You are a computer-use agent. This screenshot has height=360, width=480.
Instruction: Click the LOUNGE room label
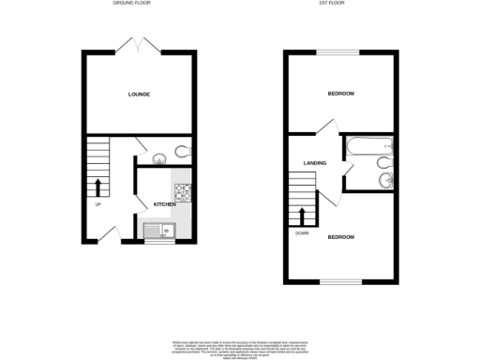140,95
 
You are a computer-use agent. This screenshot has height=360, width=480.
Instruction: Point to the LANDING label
314,164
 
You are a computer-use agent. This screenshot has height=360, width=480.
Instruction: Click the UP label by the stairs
97,203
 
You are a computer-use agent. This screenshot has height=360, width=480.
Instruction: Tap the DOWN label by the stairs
301,232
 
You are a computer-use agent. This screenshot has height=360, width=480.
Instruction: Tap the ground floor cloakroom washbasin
157,157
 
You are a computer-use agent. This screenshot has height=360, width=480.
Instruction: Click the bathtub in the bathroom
368,146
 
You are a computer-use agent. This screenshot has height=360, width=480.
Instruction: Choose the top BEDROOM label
340,94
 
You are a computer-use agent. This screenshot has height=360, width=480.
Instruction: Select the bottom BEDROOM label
340,236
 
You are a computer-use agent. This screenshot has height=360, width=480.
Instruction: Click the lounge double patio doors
139,45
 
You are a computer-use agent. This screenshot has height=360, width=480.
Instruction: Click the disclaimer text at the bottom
240,347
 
